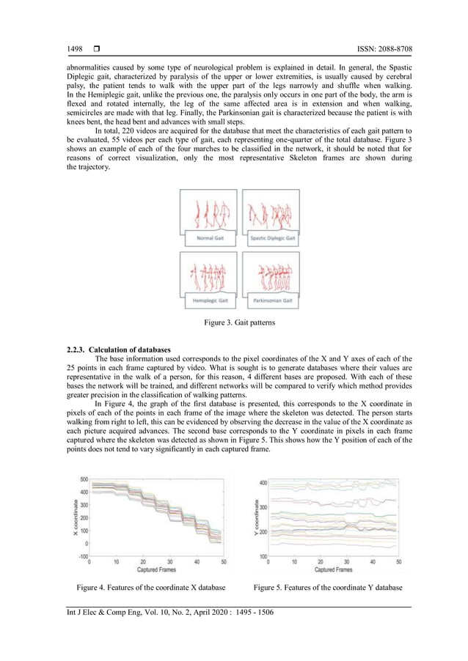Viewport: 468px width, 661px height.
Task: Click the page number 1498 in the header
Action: point(73,49)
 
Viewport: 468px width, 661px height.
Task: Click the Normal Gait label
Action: point(209,238)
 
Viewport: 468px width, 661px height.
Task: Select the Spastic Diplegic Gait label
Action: point(271,238)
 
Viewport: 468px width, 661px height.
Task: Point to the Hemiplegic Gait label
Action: point(209,300)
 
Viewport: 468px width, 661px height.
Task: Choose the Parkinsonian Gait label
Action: point(271,300)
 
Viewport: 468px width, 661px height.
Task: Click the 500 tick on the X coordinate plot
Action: point(84,479)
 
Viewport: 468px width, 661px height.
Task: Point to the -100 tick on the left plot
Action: point(82,556)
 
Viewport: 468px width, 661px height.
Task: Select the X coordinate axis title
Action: point(74,517)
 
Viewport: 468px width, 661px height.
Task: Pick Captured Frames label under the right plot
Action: point(332,569)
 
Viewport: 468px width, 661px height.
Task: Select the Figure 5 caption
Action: point(328,587)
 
